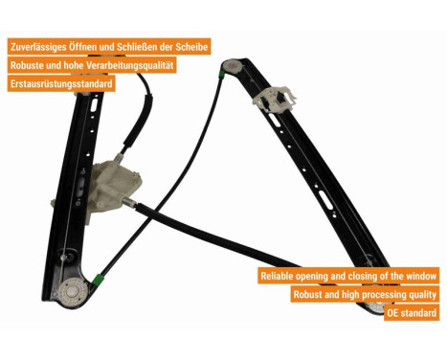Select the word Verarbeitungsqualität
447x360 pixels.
129,65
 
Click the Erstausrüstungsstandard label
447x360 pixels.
61,84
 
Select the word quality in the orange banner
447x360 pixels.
422,295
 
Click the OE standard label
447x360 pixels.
412,313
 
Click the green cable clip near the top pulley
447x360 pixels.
221,75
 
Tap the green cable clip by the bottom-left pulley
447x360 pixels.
97,279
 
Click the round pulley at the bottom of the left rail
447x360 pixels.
73,292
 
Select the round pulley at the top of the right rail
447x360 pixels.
233,66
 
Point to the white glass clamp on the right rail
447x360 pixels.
274,100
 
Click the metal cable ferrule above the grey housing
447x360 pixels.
119,158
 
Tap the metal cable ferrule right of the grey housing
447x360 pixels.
129,202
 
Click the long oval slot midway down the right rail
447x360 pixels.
325,200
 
